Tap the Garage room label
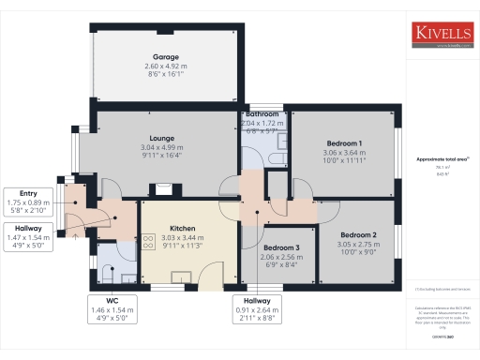click(166, 57)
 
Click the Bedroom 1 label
click(341, 142)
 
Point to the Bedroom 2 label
click(358, 234)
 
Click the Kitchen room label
click(182, 228)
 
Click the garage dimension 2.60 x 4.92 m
click(166, 67)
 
